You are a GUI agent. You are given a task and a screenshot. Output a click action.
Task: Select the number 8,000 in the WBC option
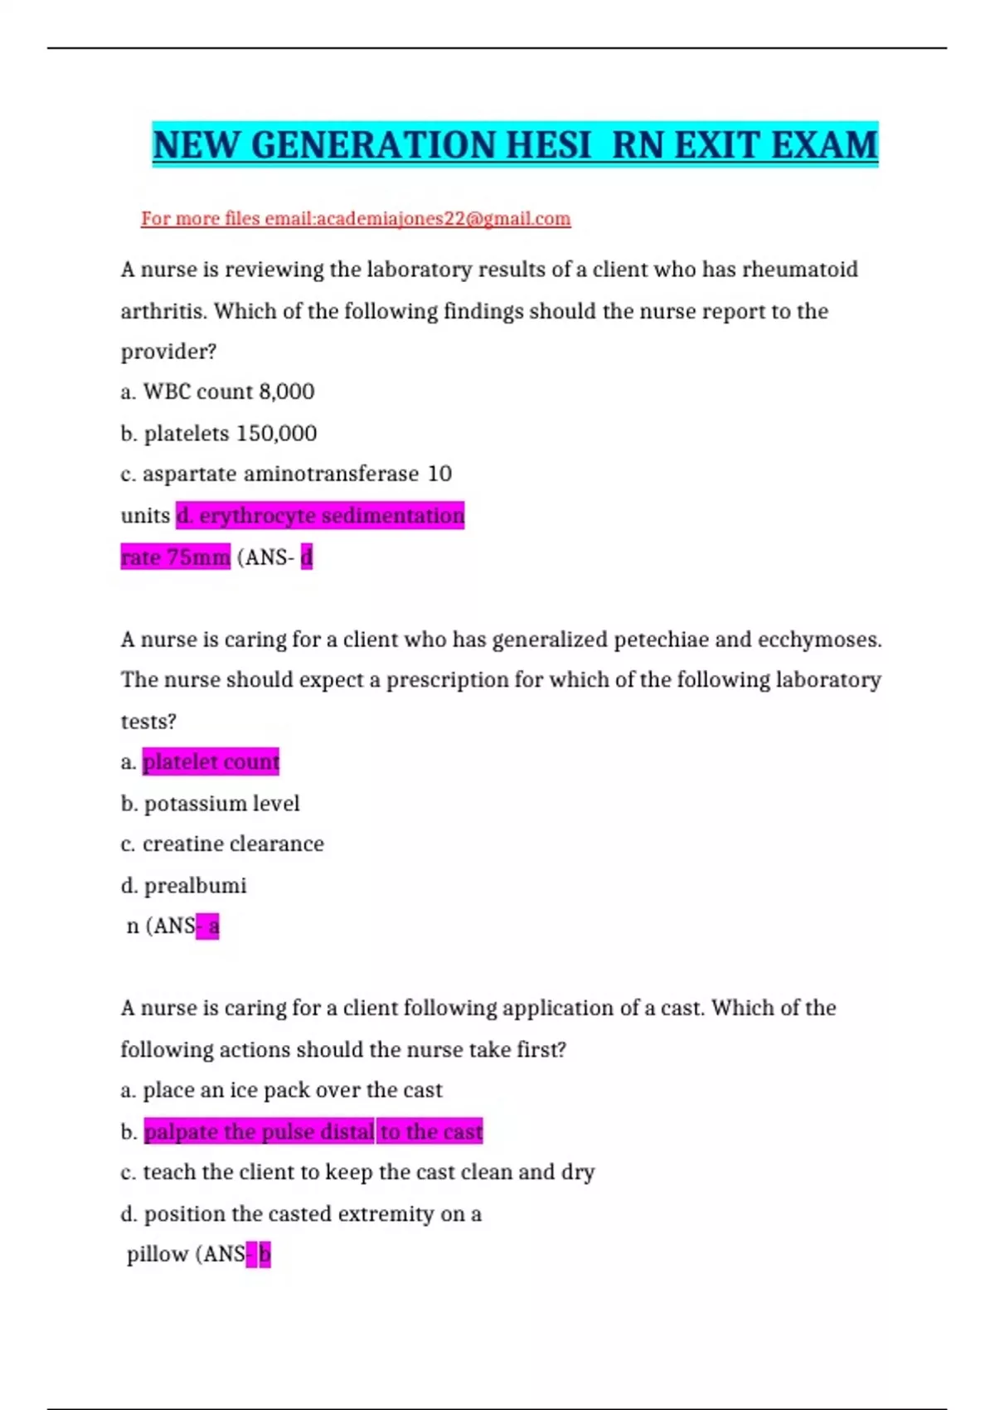(x=286, y=391)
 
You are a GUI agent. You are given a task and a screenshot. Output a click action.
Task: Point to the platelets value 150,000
(x=276, y=434)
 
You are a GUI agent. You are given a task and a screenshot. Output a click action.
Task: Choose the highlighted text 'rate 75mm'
(x=175, y=557)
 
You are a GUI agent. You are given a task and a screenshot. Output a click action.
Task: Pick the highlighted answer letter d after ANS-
(x=307, y=557)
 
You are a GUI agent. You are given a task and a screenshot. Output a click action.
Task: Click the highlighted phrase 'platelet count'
(x=211, y=761)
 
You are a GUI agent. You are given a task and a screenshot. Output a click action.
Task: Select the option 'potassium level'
(x=221, y=804)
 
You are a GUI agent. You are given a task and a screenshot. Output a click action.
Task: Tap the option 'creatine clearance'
(x=233, y=844)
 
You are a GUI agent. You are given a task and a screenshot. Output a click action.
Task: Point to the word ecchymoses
(x=818, y=639)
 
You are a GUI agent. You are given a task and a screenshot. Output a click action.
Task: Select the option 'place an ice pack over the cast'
(x=292, y=1090)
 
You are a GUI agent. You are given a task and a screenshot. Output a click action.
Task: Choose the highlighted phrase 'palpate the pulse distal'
(x=259, y=1131)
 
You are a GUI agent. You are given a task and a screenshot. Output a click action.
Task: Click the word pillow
(x=158, y=1254)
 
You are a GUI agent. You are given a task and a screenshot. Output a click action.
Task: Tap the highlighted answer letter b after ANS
(x=265, y=1254)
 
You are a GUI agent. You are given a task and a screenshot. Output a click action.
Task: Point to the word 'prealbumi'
(x=195, y=886)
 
